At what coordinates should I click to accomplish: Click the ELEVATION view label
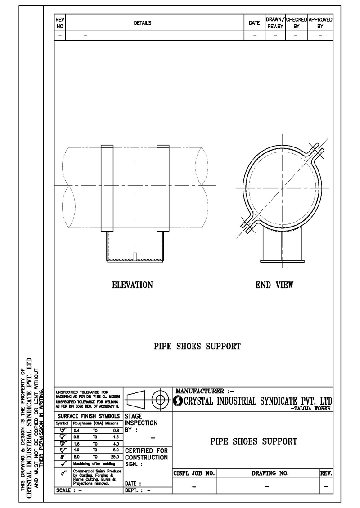click(132, 285)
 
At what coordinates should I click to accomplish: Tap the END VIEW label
click(274, 285)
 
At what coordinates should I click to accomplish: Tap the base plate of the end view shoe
click(282, 259)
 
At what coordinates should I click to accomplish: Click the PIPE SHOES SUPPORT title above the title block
click(197, 347)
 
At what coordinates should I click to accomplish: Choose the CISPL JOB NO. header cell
click(194, 473)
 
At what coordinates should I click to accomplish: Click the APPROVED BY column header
click(320, 23)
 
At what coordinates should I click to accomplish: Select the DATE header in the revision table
click(254, 23)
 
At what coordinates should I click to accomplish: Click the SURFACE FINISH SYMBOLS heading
click(88, 416)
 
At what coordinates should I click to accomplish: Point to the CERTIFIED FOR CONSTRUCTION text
click(146, 454)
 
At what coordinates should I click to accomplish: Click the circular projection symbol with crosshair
click(159, 399)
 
